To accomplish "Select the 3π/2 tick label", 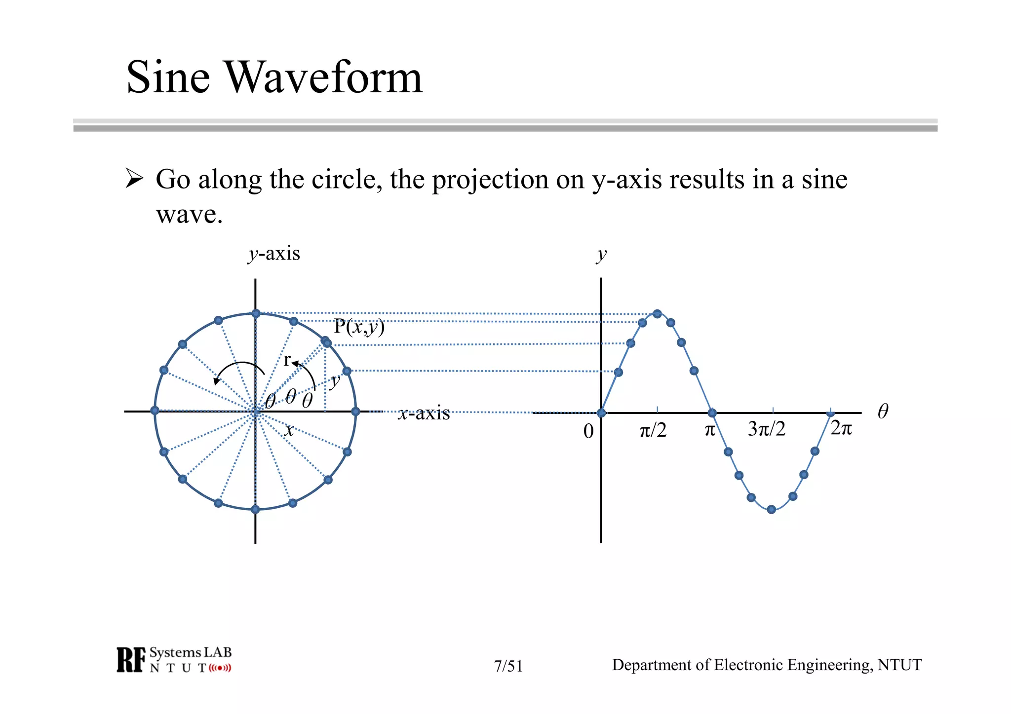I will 766,429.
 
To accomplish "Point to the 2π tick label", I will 841,428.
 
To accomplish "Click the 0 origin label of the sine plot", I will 588,431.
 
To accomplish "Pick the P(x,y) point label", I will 359,327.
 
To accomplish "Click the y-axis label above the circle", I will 274,254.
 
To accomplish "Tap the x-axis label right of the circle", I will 424,413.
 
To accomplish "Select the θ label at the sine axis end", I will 883,411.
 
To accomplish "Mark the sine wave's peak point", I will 657,314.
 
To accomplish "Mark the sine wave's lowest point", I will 772,510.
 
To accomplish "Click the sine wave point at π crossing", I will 712,413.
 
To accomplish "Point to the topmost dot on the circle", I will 256,313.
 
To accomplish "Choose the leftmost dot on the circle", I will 155,411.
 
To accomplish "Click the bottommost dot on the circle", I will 255,509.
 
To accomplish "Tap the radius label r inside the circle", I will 286,360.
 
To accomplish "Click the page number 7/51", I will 508,666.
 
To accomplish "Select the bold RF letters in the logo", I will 131,660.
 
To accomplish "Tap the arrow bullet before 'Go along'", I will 134,178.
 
